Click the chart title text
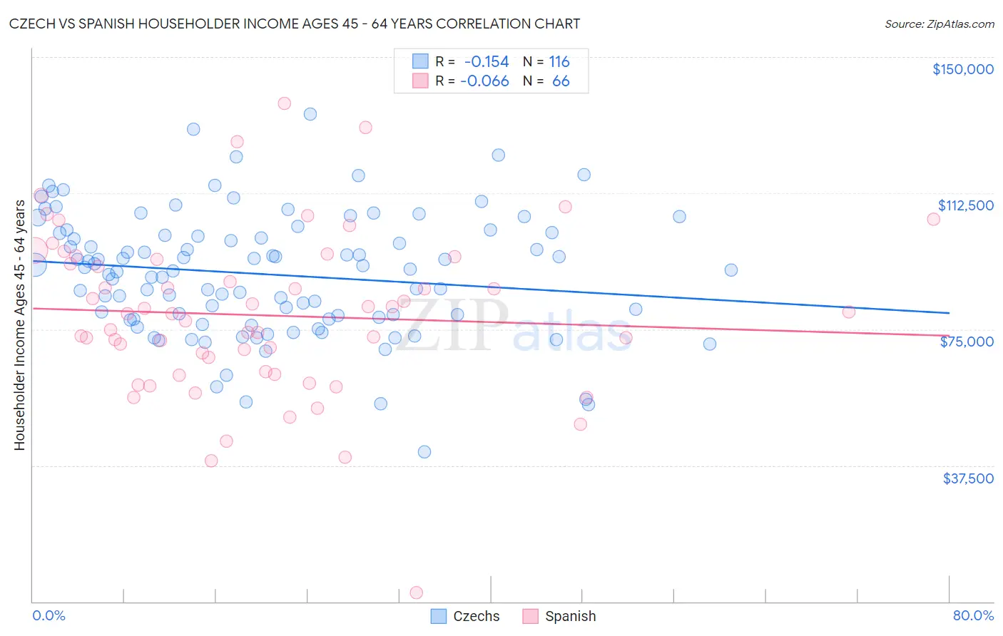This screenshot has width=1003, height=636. click(x=295, y=24)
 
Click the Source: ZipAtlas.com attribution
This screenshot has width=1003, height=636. click(x=939, y=24)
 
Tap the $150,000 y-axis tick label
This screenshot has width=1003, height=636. click(x=962, y=69)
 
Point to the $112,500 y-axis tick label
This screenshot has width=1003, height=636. click(x=965, y=205)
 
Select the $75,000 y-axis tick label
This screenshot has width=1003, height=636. click(x=967, y=342)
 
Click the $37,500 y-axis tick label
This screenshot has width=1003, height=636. click(x=967, y=478)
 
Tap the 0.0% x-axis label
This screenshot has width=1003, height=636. click(x=49, y=615)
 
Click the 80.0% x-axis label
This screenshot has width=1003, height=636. click(x=973, y=615)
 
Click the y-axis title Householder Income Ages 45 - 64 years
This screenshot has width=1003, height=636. click(x=20, y=325)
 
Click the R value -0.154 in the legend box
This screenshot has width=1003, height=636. click(x=487, y=62)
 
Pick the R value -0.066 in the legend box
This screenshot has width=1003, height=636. click(x=484, y=81)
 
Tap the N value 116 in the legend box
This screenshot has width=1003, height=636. click(x=559, y=62)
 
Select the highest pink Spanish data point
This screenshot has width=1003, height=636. click(x=284, y=103)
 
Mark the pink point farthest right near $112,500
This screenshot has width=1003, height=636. click(x=933, y=219)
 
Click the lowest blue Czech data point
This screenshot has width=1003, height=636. click(x=424, y=451)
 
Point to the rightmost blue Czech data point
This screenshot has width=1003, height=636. click(x=731, y=270)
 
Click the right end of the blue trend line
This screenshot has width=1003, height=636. click(x=949, y=313)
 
